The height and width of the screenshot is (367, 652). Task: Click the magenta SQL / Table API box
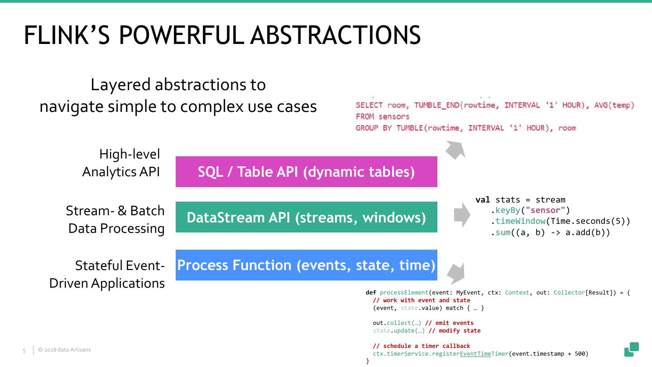coord(306,172)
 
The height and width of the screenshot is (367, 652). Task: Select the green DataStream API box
coord(306,217)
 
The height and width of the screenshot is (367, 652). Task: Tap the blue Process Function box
coord(306,265)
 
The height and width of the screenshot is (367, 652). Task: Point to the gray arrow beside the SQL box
coord(455,150)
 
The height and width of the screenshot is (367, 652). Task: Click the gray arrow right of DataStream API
coord(462,215)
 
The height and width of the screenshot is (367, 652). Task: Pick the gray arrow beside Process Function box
coord(456,273)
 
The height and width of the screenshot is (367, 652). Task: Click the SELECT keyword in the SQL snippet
coord(369,105)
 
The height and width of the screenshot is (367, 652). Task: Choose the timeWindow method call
coord(520,221)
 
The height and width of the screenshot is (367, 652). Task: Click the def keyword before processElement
coord(371,293)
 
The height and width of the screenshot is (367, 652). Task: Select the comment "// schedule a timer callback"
coord(421,346)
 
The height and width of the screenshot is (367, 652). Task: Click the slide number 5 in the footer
coord(24,350)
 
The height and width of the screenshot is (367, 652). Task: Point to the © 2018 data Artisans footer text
coord(64,350)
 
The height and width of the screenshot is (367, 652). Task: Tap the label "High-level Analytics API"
coord(121,163)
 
